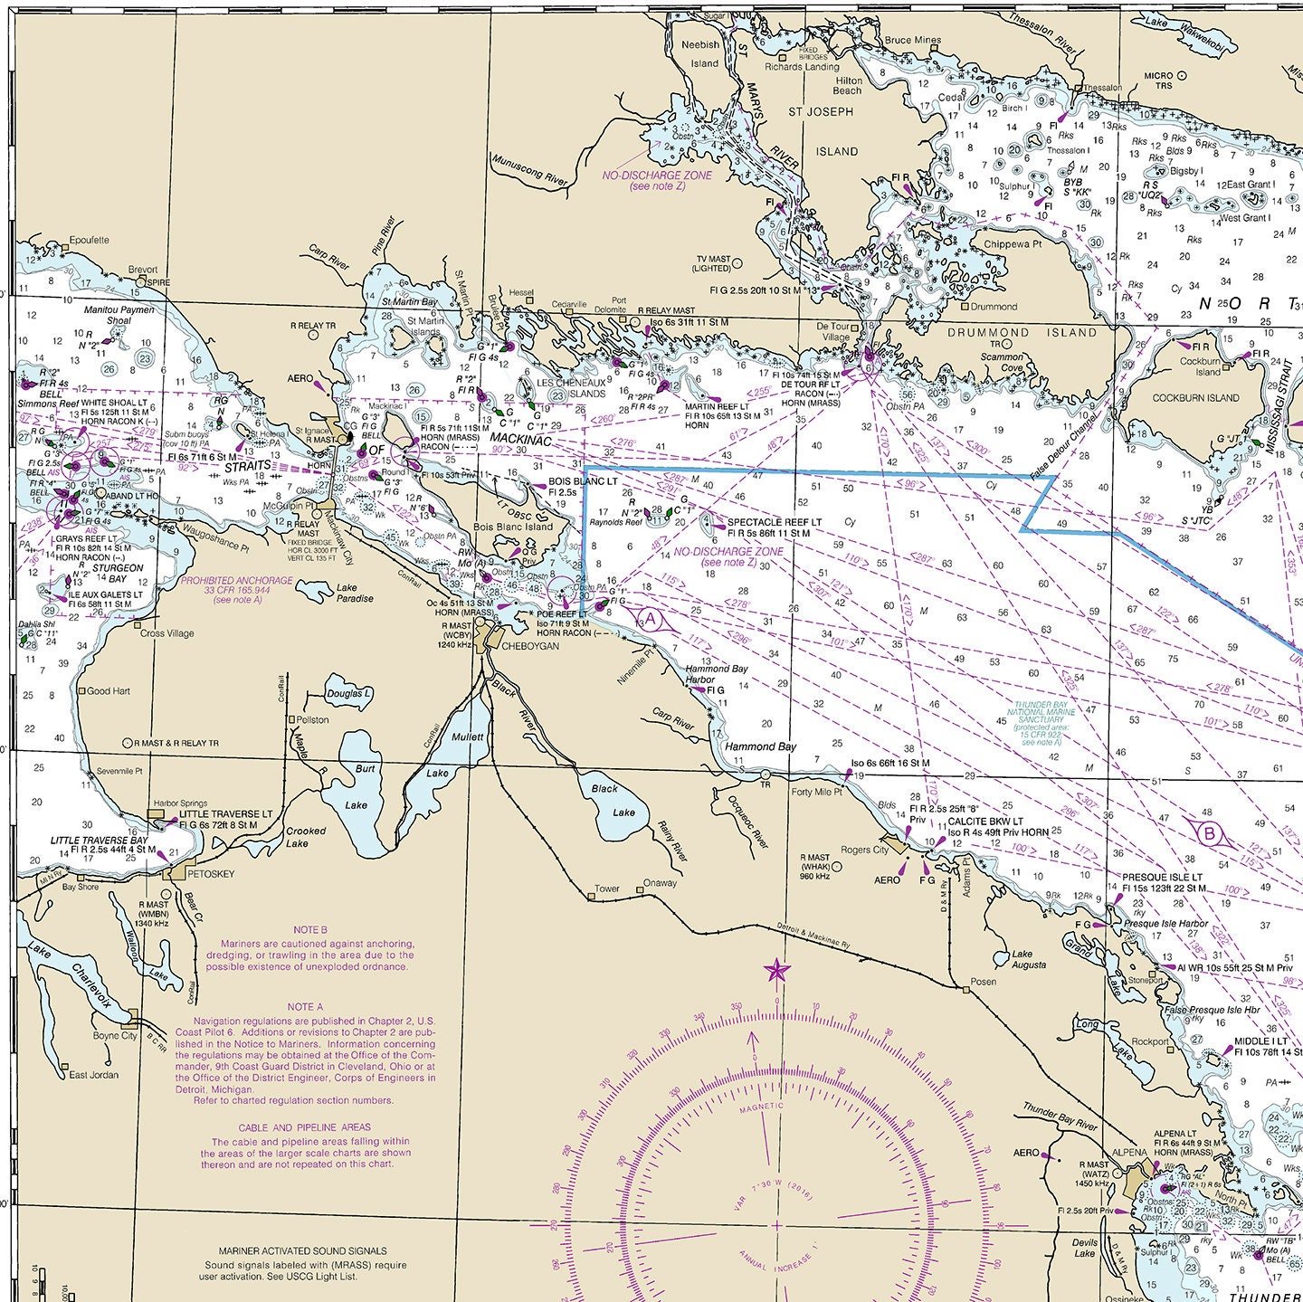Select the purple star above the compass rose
click(775, 972)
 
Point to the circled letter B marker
click(1210, 833)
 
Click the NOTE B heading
click(310, 929)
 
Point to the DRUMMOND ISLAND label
click(1022, 332)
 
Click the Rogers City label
click(865, 850)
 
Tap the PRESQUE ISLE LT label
click(1162, 877)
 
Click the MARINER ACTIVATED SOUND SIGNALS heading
click(296, 1251)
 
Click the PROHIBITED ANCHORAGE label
click(236, 580)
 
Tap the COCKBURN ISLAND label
click(1195, 397)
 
